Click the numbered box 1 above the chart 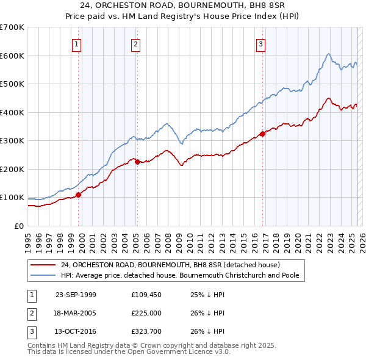point(77,43)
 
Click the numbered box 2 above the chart point(135,43)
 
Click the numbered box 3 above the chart point(260,43)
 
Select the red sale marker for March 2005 point(137,162)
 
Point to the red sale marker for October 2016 point(262,134)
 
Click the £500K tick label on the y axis point(12,84)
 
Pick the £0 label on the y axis point(20,226)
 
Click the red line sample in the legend point(43,265)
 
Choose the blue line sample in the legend point(43,275)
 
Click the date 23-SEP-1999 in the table point(76,295)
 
